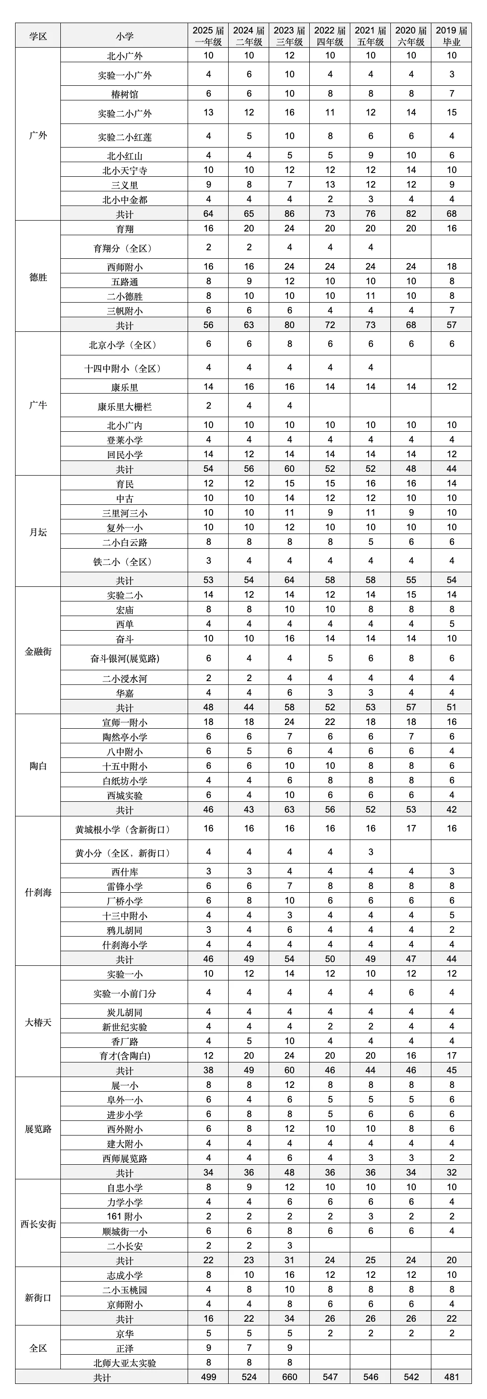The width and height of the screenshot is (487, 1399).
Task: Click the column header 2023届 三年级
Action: pyautogui.click(x=289, y=36)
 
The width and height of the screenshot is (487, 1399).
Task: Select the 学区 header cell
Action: pyautogui.click(x=38, y=36)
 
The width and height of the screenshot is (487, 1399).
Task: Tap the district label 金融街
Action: pyautogui.click(x=38, y=651)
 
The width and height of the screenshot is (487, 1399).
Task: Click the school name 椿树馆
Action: pyautogui.click(x=124, y=94)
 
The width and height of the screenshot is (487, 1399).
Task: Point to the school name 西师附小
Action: pyautogui.click(x=124, y=267)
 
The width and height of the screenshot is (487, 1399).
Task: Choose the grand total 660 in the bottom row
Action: pyautogui.click(x=289, y=1377)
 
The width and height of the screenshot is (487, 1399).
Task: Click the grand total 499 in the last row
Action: pyautogui.click(x=208, y=1377)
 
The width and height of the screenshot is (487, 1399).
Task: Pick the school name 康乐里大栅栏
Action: pyautogui.click(x=124, y=406)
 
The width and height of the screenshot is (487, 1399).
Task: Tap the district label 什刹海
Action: pyautogui.click(x=38, y=892)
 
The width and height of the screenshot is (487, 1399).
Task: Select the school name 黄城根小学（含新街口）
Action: pyautogui.click(x=124, y=829)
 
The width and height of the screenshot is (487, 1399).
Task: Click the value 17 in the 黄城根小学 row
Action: pyautogui.click(x=411, y=828)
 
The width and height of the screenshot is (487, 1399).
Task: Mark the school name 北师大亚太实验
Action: pyautogui.click(x=124, y=1363)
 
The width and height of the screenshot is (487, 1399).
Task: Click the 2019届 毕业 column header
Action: pyautogui.click(x=451, y=36)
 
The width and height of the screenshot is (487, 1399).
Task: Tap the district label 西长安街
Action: pyautogui.click(x=38, y=1224)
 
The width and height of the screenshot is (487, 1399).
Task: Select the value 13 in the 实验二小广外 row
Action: pyautogui.click(x=208, y=112)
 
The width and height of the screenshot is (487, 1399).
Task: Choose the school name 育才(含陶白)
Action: pyautogui.click(x=124, y=1056)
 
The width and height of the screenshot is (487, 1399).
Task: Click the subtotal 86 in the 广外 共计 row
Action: pyautogui.click(x=289, y=214)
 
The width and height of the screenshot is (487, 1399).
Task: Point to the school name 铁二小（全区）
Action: pyautogui.click(x=124, y=561)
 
